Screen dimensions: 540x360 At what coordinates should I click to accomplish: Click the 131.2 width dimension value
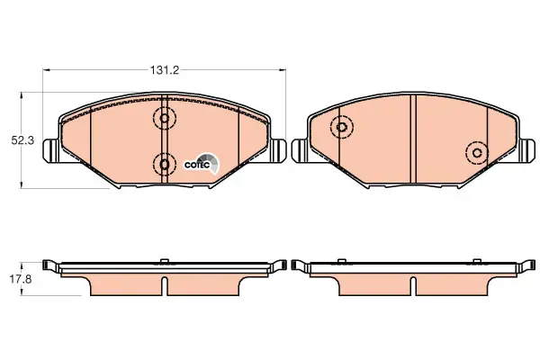pyautogui.click(x=165, y=70)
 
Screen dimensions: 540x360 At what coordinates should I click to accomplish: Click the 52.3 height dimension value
pyautogui.click(x=22, y=140)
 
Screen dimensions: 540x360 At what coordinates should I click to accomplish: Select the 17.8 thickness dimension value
pyautogui.click(x=21, y=279)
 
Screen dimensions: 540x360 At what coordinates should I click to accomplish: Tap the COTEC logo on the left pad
pyautogui.click(x=202, y=165)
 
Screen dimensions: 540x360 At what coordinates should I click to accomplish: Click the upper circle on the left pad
pyautogui.click(x=165, y=118)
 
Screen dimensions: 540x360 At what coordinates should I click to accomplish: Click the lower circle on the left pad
pyautogui.click(x=165, y=165)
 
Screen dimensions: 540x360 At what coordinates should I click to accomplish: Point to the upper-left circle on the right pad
pyautogui.click(x=342, y=127)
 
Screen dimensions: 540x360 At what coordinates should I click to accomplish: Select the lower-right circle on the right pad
pyautogui.click(x=477, y=153)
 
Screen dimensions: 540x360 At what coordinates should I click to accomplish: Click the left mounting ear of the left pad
pyautogui.click(x=51, y=150)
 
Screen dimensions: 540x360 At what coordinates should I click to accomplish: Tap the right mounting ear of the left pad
pyautogui.click(x=277, y=150)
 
